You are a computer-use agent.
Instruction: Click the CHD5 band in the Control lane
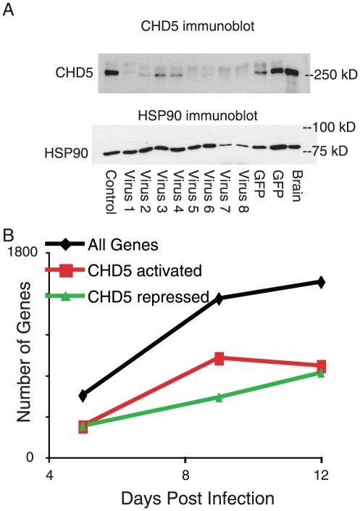(110, 73)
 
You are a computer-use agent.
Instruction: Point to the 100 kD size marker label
(327, 128)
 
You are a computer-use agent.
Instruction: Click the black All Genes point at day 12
(322, 281)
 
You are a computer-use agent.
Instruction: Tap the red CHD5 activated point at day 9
(219, 358)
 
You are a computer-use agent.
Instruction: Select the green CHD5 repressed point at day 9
(219, 397)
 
